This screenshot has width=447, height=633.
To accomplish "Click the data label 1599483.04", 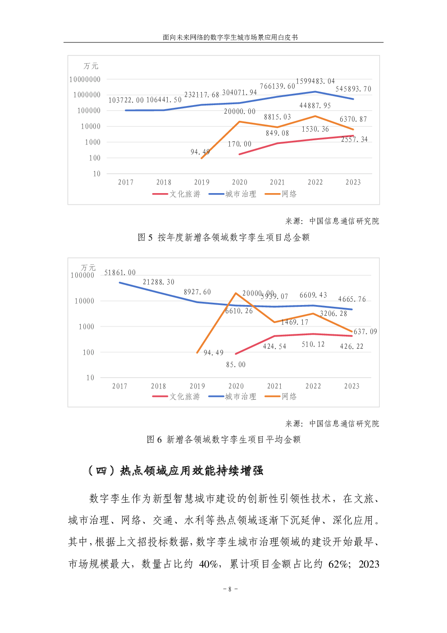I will tap(315, 81).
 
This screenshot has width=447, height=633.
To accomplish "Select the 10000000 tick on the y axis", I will tap(85, 79).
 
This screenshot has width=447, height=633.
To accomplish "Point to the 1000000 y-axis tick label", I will tap(87, 95).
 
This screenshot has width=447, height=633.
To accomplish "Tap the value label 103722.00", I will tap(126, 100).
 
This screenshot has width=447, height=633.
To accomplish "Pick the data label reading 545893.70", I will tap(353, 89).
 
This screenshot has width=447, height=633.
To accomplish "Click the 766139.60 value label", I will tap(277, 86).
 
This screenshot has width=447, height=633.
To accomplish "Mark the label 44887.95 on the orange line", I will tap(315, 106).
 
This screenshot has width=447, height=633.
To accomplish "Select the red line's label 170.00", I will tap(239, 144).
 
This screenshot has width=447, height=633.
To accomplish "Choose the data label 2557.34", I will tap(354, 139).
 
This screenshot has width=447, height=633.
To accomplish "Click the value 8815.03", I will tap(277, 117).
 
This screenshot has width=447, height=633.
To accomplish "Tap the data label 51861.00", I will tap(120, 273).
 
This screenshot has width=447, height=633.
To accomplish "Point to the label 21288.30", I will tap(158, 282).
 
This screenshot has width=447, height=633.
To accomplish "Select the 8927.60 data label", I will tap(197, 292).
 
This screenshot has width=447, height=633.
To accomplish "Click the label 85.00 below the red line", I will tap(236, 365).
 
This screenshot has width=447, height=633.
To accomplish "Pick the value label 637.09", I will tap(365, 332).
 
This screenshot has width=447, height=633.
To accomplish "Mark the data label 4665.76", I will tap(352, 299).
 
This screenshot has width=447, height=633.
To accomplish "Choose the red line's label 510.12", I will tap(313, 344).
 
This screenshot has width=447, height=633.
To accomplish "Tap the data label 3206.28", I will tap(333, 314).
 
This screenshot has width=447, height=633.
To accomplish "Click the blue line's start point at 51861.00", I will tap(120, 283).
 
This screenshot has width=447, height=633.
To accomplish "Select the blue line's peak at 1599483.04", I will tap(315, 92).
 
